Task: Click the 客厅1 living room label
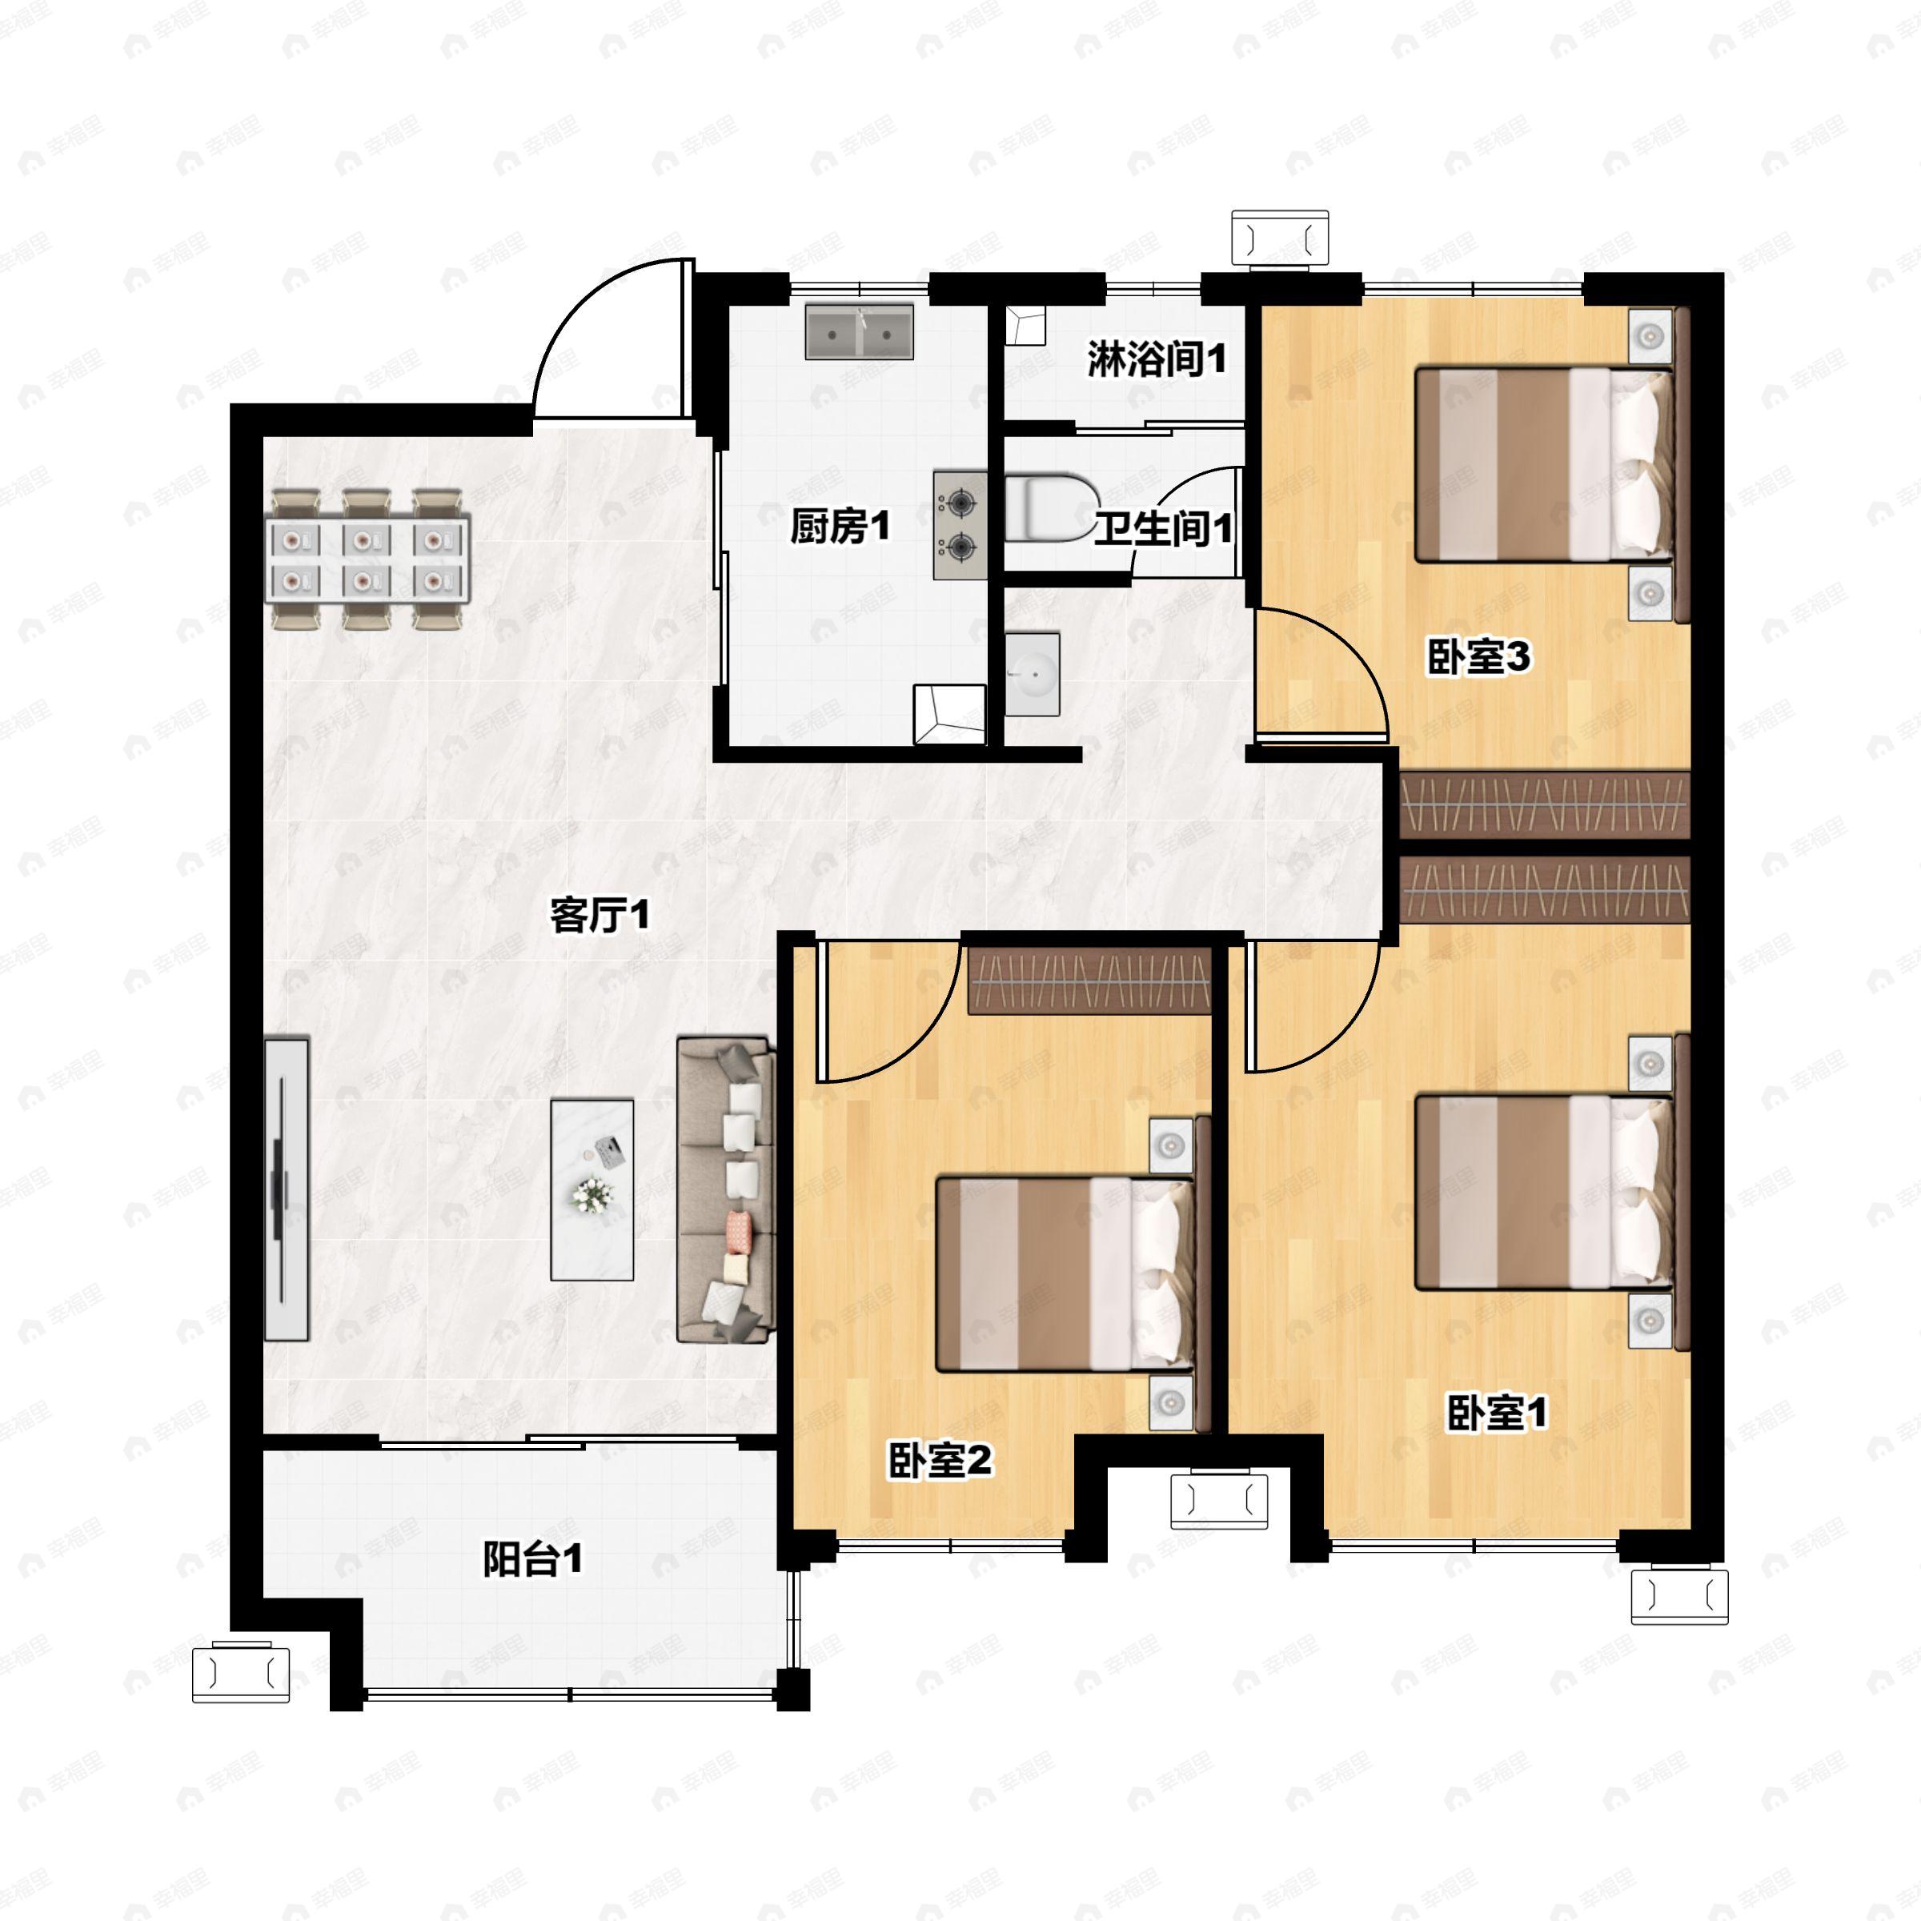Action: [600, 915]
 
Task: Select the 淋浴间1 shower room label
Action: [1157, 359]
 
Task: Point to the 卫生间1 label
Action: [1163, 528]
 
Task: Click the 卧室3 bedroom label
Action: [1478, 657]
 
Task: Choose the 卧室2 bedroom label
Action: [940, 1461]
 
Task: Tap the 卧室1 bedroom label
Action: [1497, 1412]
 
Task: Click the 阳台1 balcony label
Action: [533, 1559]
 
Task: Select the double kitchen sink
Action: [859, 331]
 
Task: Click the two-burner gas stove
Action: [960, 525]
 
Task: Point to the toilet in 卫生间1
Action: [1050, 508]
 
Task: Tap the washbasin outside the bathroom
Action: [1032, 674]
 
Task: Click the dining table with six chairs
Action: [367, 559]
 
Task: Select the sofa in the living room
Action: [726, 1189]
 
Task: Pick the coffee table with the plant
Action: [592, 1189]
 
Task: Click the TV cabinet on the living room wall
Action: [287, 1188]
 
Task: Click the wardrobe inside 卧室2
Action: [1089, 981]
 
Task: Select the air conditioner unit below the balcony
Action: [241, 1674]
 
